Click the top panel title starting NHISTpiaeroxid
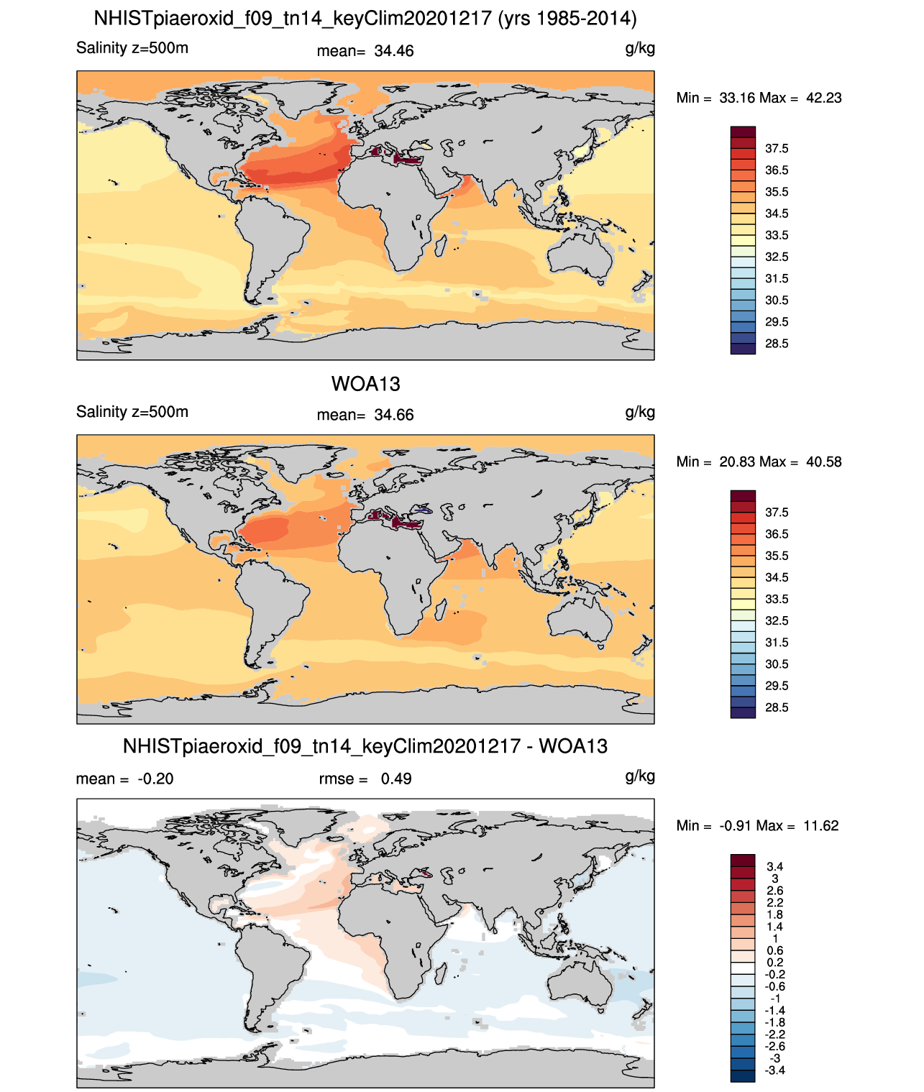(x=365, y=18)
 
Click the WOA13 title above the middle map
(x=365, y=384)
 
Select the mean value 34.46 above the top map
(x=393, y=51)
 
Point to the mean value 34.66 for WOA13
(x=393, y=415)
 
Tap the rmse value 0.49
(x=396, y=779)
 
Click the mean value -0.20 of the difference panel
(x=155, y=779)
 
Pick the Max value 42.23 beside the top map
(x=823, y=98)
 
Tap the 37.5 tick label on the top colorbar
(x=777, y=149)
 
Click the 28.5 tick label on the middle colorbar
(x=777, y=707)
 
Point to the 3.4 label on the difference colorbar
(x=775, y=867)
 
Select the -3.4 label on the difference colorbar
(x=775, y=1070)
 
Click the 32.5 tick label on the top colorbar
(x=777, y=257)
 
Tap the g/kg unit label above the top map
(x=640, y=48)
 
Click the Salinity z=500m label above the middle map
(x=132, y=412)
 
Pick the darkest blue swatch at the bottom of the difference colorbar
(x=743, y=1076)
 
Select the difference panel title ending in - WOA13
(x=365, y=746)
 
